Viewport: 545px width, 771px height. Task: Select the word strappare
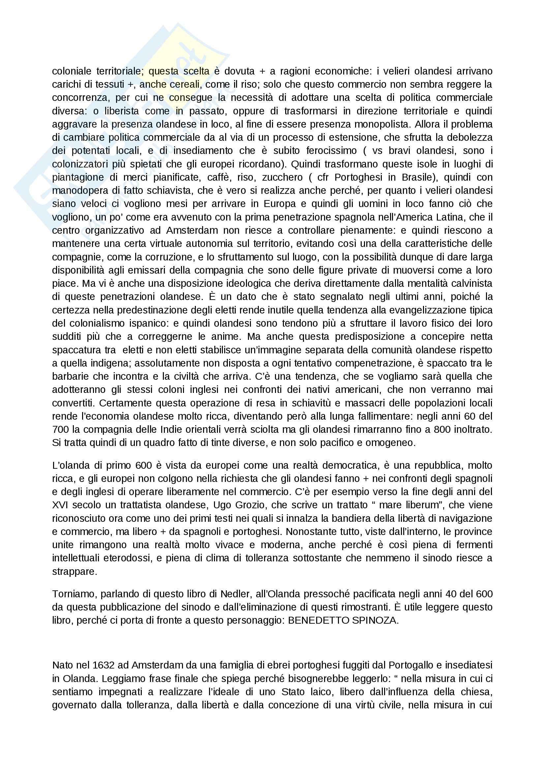74,572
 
